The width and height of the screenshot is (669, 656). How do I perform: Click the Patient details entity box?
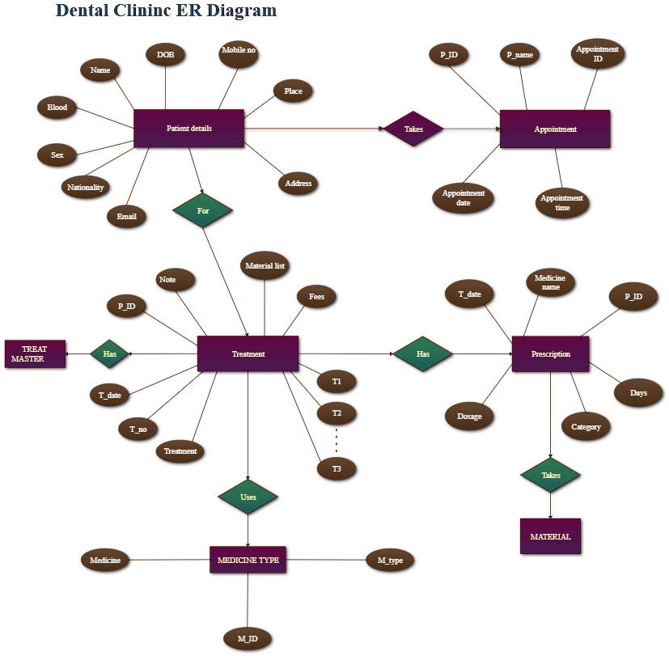click(x=188, y=129)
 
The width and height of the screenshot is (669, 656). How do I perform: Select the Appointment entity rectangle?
click(x=555, y=129)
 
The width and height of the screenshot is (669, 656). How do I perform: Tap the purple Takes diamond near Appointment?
click(x=413, y=129)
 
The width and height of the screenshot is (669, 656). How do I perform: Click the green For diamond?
click(x=202, y=210)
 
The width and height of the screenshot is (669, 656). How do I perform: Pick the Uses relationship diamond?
click(x=248, y=497)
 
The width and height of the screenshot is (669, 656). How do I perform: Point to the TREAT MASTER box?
click(x=35, y=354)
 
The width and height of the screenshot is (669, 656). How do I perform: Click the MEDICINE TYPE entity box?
click(x=248, y=559)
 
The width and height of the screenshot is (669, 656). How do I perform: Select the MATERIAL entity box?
click(x=550, y=536)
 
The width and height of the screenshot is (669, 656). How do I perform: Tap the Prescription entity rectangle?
click(x=550, y=354)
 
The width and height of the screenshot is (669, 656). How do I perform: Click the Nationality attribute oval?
click(x=85, y=188)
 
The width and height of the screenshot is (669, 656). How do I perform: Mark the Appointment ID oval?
click(x=597, y=54)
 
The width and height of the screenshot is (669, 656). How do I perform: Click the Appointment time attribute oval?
click(x=562, y=202)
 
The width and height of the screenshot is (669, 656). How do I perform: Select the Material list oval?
click(x=265, y=265)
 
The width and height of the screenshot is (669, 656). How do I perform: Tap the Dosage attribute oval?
click(x=469, y=417)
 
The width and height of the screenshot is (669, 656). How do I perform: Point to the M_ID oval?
click(x=248, y=639)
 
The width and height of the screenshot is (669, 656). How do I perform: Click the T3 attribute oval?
click(x=337, y=468)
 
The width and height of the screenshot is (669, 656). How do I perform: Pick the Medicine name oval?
click(x=550, y=282)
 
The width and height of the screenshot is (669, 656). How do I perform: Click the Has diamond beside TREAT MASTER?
click(x=110, y=354)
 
